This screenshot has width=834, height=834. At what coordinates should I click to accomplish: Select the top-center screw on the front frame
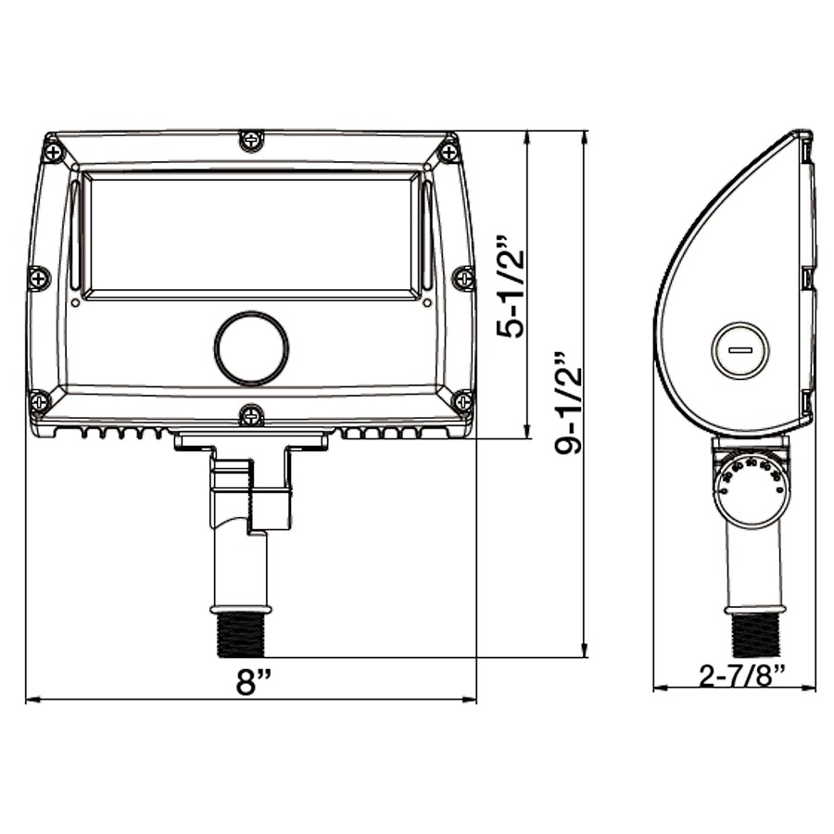pos(251,141)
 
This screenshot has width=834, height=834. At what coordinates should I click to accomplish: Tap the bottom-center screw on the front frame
pos(251,414)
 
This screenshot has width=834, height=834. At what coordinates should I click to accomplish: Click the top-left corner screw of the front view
pos(55,150)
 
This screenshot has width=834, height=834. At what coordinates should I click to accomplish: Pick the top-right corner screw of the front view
pos(449,150)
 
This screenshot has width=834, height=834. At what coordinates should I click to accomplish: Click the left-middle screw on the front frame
pos(39,277)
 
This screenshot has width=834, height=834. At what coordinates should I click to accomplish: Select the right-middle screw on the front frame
pos(462,277)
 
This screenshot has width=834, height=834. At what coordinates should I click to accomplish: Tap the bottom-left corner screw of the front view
pos(41,401)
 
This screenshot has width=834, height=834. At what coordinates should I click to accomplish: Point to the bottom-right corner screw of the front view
pos(461,401)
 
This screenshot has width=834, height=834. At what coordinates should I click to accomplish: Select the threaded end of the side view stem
pos(755,634)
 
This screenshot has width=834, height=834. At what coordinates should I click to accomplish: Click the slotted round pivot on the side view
pos(739,350)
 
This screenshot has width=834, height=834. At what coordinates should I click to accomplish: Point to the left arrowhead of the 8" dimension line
pos(31,700)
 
